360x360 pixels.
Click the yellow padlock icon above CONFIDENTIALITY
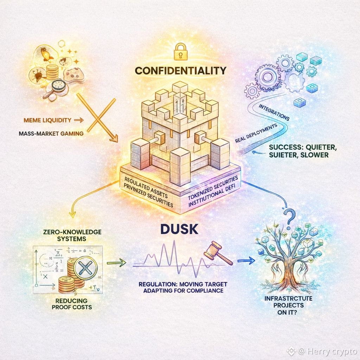180,51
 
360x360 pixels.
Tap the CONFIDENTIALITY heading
180,71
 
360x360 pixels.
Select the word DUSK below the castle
179,230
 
